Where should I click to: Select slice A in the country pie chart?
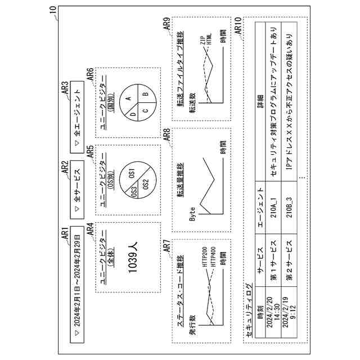point(128,98)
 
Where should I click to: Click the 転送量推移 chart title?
point(181,179)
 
